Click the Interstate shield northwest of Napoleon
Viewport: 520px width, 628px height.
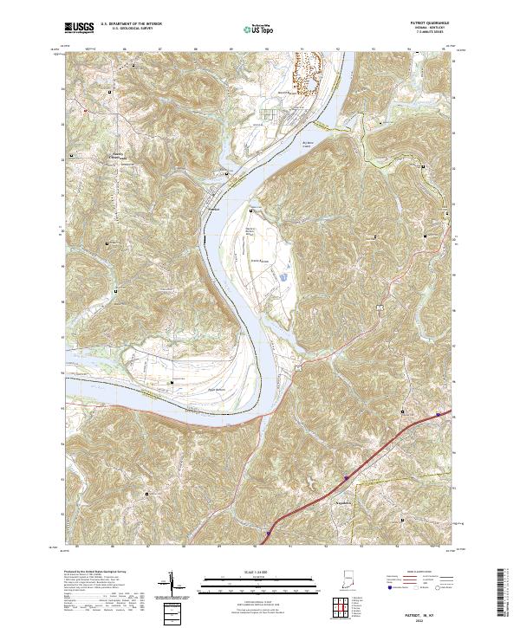pyautogui.click(x=344, y=476)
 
